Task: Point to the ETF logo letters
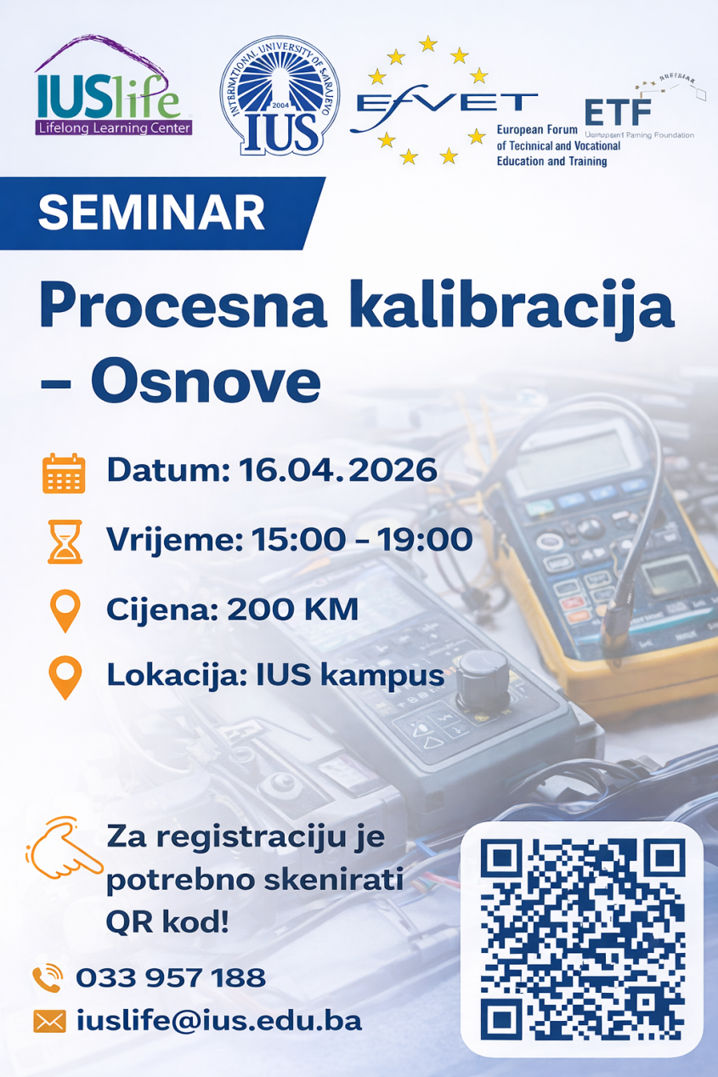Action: tap(618, 111)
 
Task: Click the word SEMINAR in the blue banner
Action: tap(151, 212)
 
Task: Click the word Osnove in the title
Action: tap(206, 383)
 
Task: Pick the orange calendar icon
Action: tap(64, 473)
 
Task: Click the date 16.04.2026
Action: tap(338, 469)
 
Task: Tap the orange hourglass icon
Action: tap(65, 541)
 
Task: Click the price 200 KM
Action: tap(292, 609)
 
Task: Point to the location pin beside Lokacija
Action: tap(65, 678)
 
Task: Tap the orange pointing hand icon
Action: tap(63, 847)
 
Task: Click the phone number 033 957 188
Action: tap(171, 978)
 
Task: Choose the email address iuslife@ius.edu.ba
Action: tap(219, 1020)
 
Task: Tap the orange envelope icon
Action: tap(49, 1021)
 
